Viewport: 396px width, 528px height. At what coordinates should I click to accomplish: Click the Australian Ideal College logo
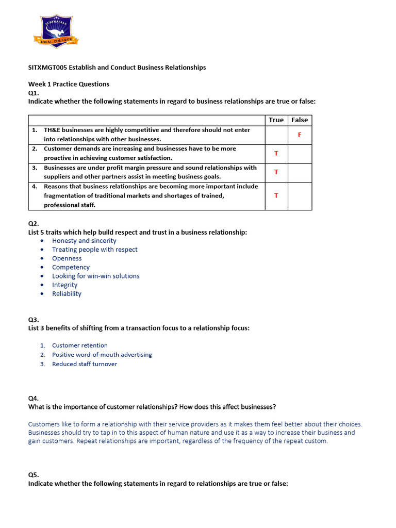56,31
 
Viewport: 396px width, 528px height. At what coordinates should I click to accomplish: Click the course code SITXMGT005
47,68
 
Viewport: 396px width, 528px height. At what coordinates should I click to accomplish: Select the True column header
276,120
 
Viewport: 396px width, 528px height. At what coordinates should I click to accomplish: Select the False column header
300,120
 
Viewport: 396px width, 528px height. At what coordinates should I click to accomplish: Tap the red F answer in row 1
300,135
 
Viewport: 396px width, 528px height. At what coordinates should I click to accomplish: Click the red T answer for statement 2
276,154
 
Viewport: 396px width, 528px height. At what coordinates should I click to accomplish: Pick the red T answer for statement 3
276,172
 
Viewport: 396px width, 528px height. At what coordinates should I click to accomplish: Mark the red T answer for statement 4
276,195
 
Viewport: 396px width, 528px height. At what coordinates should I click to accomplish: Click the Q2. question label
34,224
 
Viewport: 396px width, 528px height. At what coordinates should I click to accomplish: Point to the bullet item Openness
67,258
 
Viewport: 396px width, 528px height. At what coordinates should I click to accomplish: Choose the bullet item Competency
71,267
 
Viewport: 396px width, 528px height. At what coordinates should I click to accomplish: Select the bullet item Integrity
64,285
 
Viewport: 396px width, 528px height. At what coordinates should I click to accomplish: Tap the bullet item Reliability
67,293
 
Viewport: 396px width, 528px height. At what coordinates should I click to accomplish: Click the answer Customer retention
80,345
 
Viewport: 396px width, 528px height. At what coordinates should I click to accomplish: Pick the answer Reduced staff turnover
85,364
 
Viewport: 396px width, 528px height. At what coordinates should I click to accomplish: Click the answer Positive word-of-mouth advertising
102,355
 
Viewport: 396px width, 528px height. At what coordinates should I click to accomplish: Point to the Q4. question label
34,398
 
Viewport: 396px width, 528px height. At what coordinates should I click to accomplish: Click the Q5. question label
34,474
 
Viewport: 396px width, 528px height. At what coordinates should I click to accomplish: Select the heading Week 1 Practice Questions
69,84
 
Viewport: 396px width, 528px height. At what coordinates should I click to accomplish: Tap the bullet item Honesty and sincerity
84,241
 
